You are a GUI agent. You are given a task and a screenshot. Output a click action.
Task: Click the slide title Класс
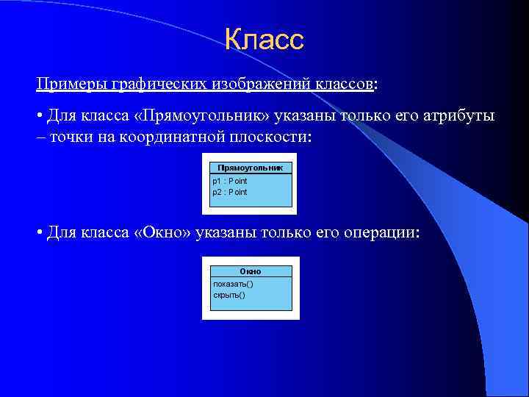coord(264,40)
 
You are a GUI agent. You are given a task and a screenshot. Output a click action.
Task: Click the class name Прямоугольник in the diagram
coord(250,167)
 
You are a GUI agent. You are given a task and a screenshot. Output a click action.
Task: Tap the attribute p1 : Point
coord(230,181)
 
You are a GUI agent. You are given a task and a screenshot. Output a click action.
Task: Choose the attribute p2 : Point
coord(230,192)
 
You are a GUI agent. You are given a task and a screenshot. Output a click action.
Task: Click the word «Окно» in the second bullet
coord(162,233)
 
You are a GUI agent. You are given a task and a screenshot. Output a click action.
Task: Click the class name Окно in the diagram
coord(250,271)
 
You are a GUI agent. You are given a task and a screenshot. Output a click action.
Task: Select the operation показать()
coord(233,284)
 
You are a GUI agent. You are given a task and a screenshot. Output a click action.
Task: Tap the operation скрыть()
coord(228,295)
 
